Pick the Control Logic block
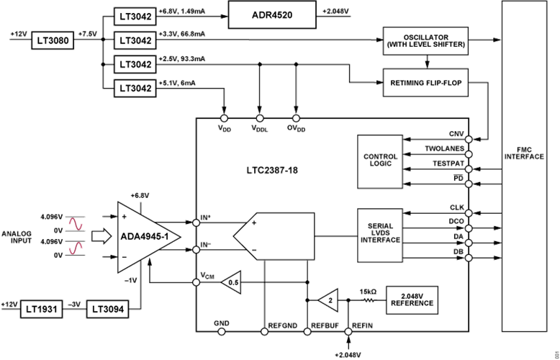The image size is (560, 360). (x=381, y=161)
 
